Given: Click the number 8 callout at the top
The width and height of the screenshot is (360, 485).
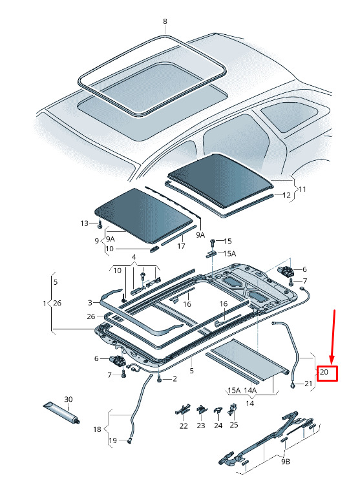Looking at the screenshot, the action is point(165,21).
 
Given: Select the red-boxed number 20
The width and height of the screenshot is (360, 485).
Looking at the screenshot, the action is point(324,371).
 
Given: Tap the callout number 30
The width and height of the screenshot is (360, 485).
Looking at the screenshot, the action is point(69,399).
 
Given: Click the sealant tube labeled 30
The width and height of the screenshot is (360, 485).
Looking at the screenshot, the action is point(61,412).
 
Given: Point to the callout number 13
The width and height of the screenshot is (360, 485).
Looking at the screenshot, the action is point(85,223).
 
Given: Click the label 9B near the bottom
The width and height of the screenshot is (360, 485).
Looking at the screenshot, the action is point(286,462).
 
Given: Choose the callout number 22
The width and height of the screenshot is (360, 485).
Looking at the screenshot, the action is point(184,426).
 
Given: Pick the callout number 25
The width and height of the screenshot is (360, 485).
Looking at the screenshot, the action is point(234,425).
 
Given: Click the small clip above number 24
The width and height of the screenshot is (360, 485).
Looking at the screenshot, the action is point(218,411).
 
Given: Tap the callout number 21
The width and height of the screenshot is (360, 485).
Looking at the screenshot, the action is point(308,384).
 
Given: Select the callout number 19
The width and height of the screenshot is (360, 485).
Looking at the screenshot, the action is point(113,440).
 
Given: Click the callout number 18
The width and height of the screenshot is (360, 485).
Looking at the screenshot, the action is point(97,429).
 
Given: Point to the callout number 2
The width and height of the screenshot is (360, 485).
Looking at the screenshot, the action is point(175,378).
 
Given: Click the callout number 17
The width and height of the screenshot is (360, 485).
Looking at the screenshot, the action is point(181,246).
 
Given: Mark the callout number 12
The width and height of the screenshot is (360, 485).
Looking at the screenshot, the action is point(287,195).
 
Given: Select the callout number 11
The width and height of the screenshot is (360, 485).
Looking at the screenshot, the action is point(302,189).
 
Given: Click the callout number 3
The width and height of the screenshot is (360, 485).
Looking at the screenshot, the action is point(90,302).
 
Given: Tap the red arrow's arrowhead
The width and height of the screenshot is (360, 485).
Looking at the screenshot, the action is point(332,360).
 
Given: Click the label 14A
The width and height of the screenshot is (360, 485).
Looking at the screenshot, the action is point(250,390).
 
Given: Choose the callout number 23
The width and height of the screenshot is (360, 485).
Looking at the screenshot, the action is point(201,426).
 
